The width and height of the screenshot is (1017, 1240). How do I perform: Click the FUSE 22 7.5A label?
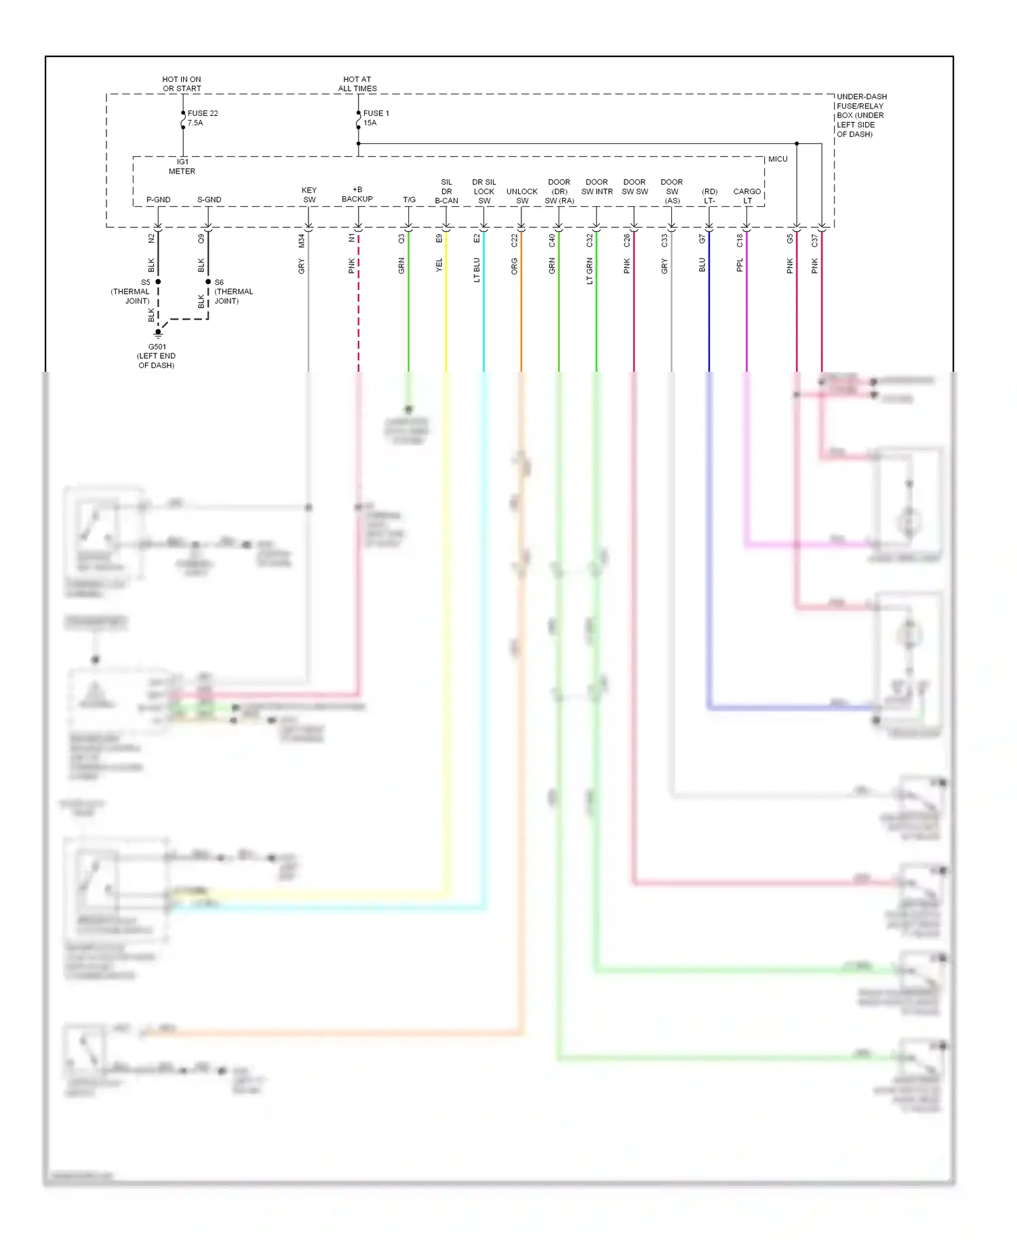click(x=202, y=118)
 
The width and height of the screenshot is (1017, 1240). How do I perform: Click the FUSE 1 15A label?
click(x=376, y=118)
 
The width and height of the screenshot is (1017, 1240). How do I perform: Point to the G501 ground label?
click(x=157, y=355)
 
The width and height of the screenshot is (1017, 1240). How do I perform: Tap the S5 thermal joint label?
click(x=131, y=292)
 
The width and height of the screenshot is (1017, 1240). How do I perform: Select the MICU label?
click(x=778, y=159)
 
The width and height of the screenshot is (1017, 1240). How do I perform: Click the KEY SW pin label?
click(x=309, y=195)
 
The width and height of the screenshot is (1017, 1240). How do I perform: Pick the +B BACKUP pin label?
click(x=357, y=194)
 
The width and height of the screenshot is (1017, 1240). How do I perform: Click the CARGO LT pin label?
click(x=746, y=196)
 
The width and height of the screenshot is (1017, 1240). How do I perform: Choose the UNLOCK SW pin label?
click(x=522, y=196)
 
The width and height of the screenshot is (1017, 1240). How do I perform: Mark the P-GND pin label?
click(x=158, y=199)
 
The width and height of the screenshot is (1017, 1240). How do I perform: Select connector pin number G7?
click(x=702, y=239)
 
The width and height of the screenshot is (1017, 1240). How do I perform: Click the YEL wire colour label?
click(x=439, y=265)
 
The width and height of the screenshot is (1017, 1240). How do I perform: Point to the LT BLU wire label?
click(x=477, y=269)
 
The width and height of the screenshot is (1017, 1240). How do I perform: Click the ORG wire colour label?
click(x=514, y=266)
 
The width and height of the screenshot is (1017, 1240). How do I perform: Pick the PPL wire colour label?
click(x=740, y=265)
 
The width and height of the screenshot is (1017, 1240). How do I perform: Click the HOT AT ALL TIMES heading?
click(x=357, y=83)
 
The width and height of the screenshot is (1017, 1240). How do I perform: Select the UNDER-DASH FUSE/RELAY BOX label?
click(x=861, y=115)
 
